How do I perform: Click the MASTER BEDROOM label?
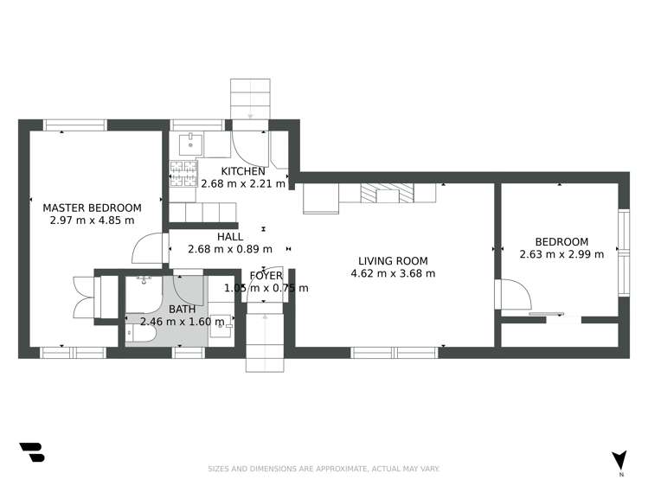92,208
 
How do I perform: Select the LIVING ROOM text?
393,260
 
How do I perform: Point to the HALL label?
229,236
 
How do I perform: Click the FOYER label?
266,276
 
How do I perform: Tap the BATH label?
182,309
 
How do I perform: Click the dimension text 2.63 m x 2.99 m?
561,254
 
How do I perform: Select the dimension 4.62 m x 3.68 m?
393,273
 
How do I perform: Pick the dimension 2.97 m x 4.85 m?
92,220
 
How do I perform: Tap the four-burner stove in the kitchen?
183,173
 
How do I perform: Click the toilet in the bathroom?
141,331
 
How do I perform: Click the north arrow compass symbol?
619,462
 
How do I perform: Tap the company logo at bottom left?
31,452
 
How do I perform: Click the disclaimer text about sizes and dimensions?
324,469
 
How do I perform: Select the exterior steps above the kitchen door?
250,97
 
